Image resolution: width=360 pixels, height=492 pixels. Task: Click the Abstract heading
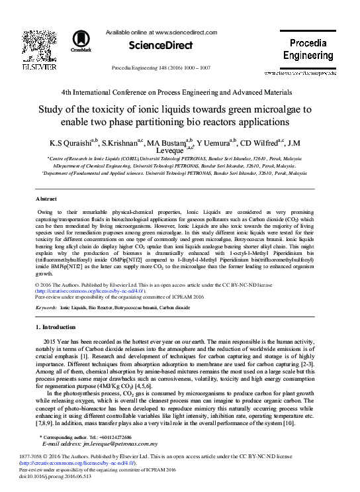pos(46,199)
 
